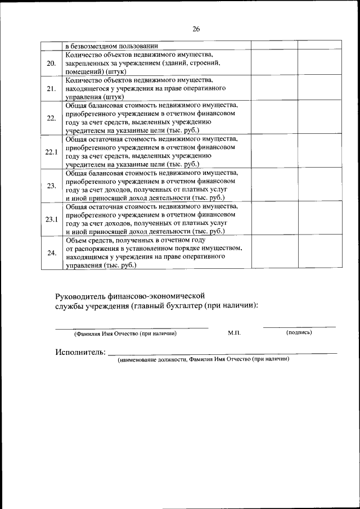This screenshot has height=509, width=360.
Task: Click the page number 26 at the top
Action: click(x=196, y=29)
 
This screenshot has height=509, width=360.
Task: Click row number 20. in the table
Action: click(x=51, y=63)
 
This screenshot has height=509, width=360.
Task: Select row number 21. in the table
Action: click(x=51, y=88)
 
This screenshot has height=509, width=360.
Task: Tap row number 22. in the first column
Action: click(x=51, y=118)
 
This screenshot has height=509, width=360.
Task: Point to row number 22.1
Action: click(x=51, y=152)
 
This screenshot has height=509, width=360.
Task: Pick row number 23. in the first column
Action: click(x=51, y=185)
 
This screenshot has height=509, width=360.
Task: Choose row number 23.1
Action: click(x=51, y=219)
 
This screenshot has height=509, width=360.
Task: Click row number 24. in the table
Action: click(x=51, y=253)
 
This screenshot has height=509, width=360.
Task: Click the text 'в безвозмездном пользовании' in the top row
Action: click(x=111, y=46)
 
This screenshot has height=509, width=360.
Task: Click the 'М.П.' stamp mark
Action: click(x=235, y=333)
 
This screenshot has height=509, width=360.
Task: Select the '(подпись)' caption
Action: click(x=299, y=332)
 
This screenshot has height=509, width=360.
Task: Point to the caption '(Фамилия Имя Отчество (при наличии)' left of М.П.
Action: click(x=125, y=334)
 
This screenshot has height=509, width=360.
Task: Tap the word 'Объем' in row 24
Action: click(x=76, y=240)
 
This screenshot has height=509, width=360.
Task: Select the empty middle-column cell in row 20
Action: click(x=274, y=63)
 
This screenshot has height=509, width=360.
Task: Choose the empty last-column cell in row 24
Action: click(x=319, y=253)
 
